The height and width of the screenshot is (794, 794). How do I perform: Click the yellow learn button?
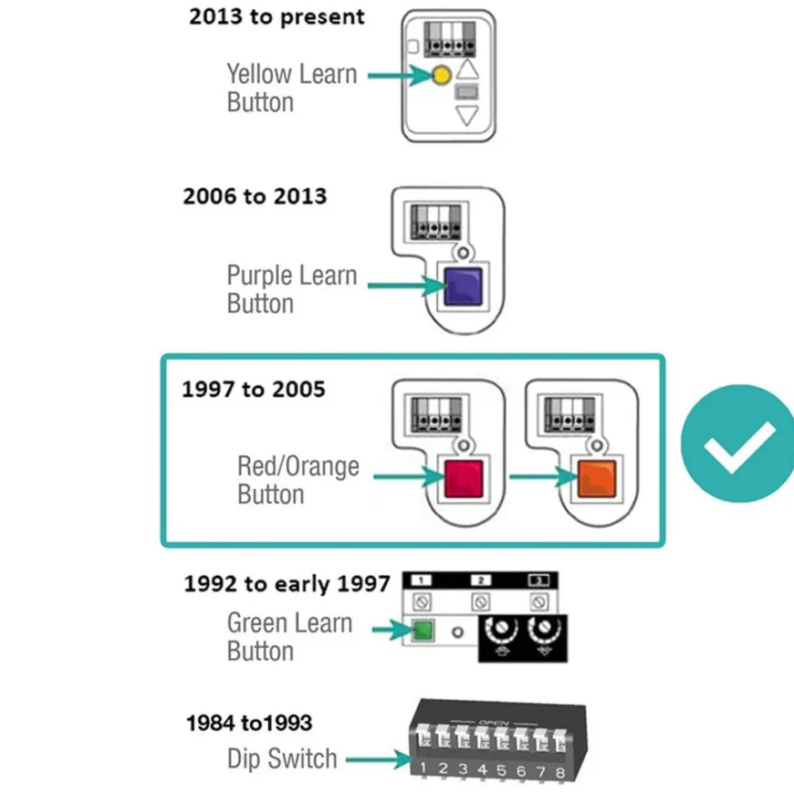click(442, 76)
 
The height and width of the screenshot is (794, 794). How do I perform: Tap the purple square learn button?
click(463, 287)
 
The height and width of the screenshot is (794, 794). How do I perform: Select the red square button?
click(464, 478)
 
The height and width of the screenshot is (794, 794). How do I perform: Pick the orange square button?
click(597, 478)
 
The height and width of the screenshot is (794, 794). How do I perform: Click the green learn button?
click(423, 631)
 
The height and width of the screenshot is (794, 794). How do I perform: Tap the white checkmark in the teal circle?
click(739, 446)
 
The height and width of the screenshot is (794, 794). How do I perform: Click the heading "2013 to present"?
click(277, 16)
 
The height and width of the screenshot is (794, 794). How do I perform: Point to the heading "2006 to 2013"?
click(255, 196)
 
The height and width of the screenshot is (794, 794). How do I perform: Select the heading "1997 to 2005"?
click(253, 389)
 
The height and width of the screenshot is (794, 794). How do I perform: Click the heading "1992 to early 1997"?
click(287, 584)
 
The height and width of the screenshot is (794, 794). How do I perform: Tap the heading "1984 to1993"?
click(249, 723)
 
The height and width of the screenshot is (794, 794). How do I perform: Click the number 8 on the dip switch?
click(559, 773)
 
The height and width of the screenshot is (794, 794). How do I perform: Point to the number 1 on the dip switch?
click(423, 768)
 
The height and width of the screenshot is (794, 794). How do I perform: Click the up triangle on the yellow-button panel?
click(467, 68)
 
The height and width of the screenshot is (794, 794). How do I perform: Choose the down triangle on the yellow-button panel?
click(467, 116)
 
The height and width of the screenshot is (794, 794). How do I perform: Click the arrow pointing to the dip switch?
click(380, 759)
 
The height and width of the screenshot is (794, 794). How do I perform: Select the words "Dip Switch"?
click(282, 758)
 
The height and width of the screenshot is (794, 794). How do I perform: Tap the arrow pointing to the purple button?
click(407, 286)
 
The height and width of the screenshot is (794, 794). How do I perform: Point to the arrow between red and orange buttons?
click(543, 476)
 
